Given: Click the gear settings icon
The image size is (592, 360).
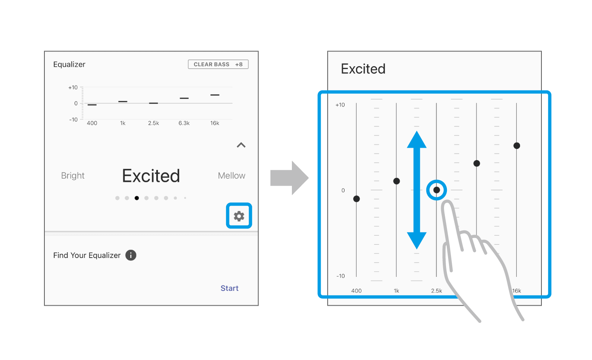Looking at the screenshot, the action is (x=239, y=216).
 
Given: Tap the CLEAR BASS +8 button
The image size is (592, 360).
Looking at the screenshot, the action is (x=218, y=64).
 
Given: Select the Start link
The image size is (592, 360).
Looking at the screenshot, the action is (x=229, y=288).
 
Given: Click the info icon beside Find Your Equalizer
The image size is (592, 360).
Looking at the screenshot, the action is (x=131, y=255).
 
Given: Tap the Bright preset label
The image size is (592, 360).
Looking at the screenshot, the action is (x=73, y=175).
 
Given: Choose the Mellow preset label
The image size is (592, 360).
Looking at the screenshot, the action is (x=231, y=175).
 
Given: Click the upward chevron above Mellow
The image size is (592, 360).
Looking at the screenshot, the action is (x=241, y=145).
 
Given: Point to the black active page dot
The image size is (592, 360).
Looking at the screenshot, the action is (x=136, y=198).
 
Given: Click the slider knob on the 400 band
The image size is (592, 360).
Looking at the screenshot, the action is (x=356, y=199).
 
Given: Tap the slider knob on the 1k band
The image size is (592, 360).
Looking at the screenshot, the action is (x=396, y=181).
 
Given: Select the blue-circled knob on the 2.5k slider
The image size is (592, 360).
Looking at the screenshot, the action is (x=437, y=190).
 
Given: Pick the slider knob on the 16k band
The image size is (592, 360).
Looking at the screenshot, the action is (x=517, y=146).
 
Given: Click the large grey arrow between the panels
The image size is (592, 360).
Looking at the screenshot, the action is (x=289, y=178).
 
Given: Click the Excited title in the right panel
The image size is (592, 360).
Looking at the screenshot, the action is (x=363, y=69).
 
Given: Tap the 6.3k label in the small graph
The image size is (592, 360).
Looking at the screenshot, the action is (x=184, y=123).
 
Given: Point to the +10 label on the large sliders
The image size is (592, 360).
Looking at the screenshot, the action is (x=340, y=105).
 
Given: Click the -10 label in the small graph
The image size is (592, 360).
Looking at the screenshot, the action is (x=74, y=120).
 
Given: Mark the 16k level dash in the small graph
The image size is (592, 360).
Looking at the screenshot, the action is (x=215, y=95).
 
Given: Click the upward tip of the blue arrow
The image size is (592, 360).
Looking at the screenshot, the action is (x=417, y=132).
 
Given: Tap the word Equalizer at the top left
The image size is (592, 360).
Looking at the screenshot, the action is (x=69, y=65).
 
